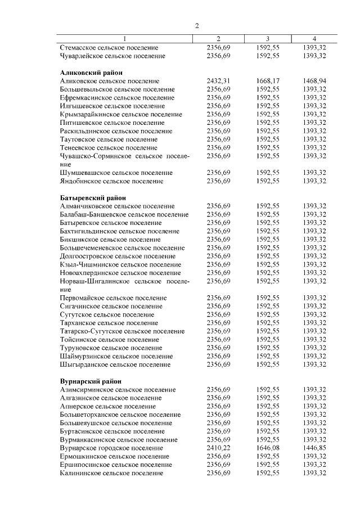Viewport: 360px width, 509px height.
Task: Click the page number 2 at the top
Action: [x=197, y=25]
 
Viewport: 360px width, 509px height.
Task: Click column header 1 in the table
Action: [x=125, y=39]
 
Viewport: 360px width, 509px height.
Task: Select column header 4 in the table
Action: [x=314, y=39]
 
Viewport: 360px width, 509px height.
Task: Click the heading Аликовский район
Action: [x=91, y=73]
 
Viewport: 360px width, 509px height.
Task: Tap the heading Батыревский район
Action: [x=93, y=197]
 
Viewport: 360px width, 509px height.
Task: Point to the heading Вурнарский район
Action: [x=91, y=381]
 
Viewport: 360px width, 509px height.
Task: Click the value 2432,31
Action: [x=218, y=81]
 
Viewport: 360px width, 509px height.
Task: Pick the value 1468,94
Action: [x=314, y=81]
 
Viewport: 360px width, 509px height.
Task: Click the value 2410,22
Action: [x=218, y=448]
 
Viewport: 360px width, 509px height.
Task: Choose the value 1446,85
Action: [x=314, y=448]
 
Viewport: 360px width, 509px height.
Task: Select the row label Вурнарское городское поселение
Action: [x=112, y=448]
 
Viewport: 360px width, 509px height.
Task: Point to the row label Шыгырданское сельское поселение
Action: [x=115, y=364]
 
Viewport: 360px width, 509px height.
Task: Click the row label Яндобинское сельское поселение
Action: [x=112, y=181]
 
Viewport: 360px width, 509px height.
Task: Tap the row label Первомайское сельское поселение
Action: [x=113, y=298]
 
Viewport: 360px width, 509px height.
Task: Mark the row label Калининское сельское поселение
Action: [x=111, y=473]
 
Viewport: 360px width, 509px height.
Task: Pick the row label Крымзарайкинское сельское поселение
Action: [x=121, y=114]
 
